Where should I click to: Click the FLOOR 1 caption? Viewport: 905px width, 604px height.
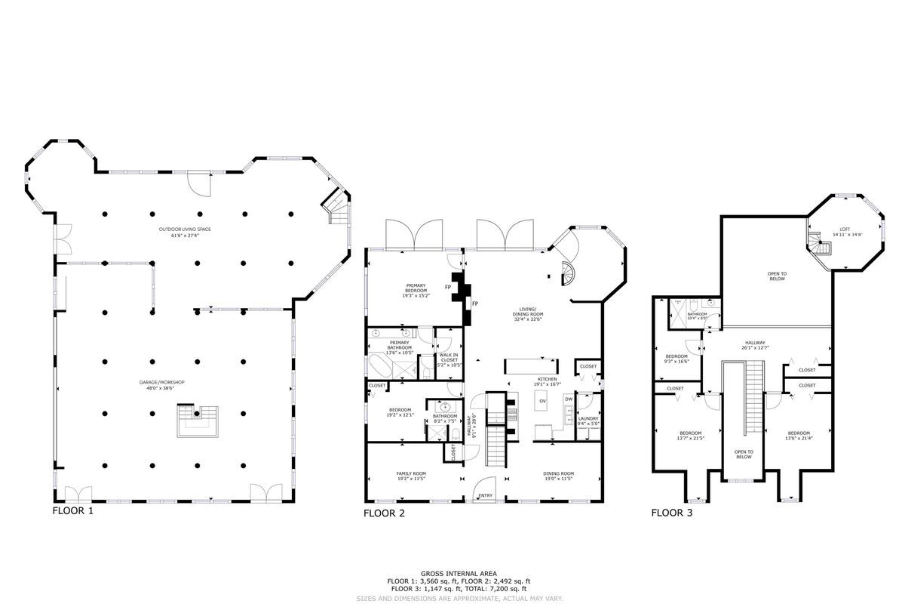[73, 510]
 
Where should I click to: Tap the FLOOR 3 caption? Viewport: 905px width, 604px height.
[672, 513]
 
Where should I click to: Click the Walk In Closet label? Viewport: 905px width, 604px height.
[449, 359]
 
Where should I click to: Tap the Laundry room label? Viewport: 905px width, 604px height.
[588, 421]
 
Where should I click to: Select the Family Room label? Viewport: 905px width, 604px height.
[411, 476]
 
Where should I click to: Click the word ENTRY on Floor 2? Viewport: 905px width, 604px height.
[486, 496]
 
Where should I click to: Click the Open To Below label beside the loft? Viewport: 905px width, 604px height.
[777, 276]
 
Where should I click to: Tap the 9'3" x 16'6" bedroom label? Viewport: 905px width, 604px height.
[676, 358]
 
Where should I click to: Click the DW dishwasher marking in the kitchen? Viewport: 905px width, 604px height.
[569, 399]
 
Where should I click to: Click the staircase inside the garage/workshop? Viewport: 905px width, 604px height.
[199, 420]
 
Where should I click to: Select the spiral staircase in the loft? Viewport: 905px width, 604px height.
[817, 244]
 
